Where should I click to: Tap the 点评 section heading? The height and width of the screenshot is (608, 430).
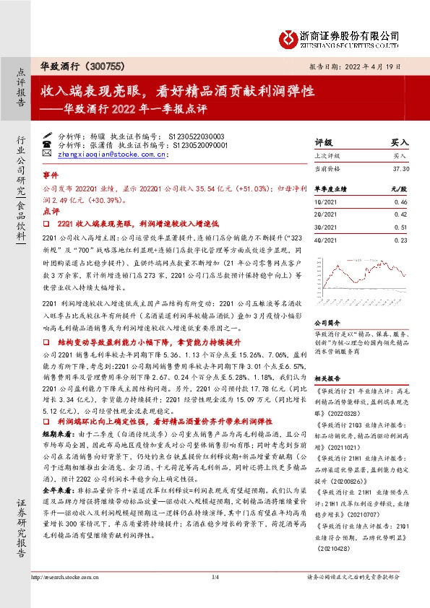point(50,210)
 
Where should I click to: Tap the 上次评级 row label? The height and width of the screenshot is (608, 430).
point(329,155)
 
